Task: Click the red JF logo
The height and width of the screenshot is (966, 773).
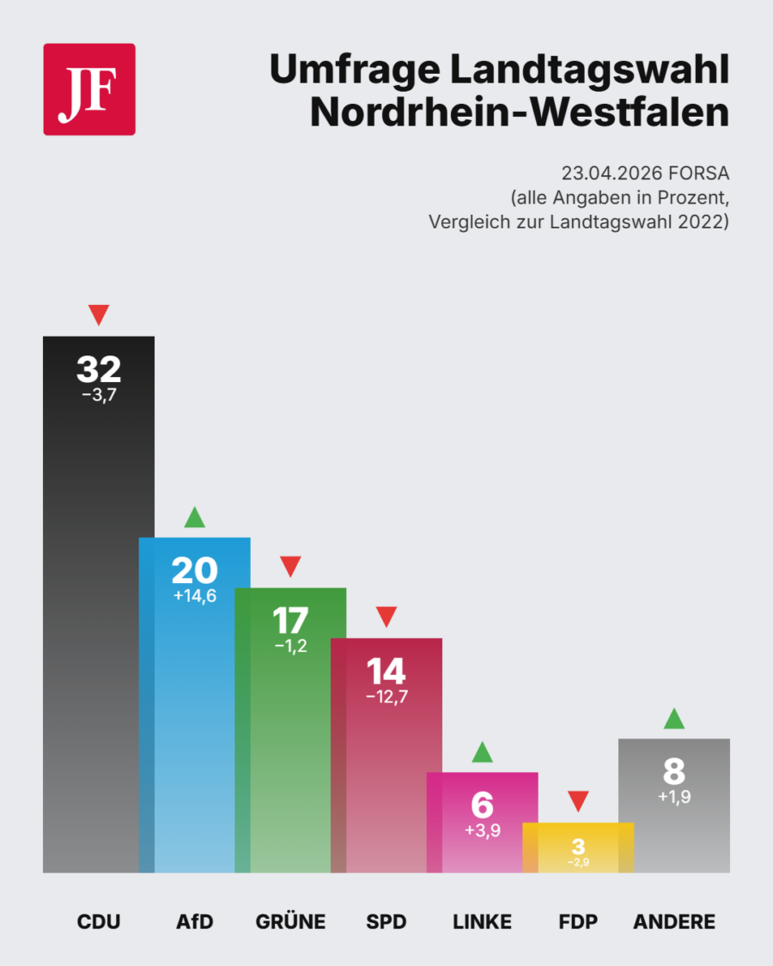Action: coord(89,89)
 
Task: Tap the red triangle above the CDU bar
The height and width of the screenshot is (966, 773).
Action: coord(99,314)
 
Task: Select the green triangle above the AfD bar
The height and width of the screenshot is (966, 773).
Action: coord(195,518)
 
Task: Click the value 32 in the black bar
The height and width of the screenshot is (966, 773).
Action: coord(99,369)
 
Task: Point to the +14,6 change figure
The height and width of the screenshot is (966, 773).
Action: coord(194,595)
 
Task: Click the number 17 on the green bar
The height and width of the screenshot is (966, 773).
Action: coord(290,620)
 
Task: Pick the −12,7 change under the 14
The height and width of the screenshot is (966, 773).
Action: coord(386,696)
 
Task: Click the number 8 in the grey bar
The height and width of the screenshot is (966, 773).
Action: coord(674,771)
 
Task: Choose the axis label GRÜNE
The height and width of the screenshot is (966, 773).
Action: coord(290,923)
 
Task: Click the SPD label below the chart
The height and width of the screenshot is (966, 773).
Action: coord(386,923)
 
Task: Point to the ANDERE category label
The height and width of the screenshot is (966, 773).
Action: coord(674,923)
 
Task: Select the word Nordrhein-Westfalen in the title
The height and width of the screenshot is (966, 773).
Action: coord(520,112)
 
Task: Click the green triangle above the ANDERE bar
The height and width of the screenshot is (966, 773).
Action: coord(674,719)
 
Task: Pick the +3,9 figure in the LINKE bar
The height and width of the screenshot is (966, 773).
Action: coord(483,830)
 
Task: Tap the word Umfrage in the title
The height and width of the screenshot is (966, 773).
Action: coord(356,70)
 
